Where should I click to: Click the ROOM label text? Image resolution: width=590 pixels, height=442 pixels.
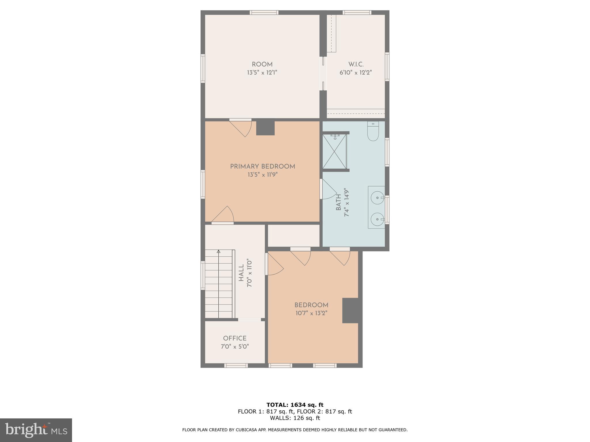[x=262, y=64]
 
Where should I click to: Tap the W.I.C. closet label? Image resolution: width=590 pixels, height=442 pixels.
[x=356, y=64]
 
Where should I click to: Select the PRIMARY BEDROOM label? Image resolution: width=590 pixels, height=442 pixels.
[x=262, y=167]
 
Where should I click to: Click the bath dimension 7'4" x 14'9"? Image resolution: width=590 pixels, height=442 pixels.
[x=347, y=203]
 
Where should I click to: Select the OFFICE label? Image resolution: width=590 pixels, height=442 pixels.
[x=235, y=338]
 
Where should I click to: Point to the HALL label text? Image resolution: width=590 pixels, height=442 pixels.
[x=241, y=273]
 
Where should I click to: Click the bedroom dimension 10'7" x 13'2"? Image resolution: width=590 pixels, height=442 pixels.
[x=311, y=313]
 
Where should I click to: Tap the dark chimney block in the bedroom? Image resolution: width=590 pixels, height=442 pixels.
[x=350, y=310]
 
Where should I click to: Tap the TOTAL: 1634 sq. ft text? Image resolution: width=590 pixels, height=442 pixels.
[x=295, y=405]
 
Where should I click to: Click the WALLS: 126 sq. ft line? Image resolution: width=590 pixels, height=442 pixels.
[x=295, y=418]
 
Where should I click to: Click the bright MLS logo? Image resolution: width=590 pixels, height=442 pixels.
[x=36, y=430]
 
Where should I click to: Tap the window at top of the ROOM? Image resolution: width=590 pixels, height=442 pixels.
[x=264, y=12]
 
